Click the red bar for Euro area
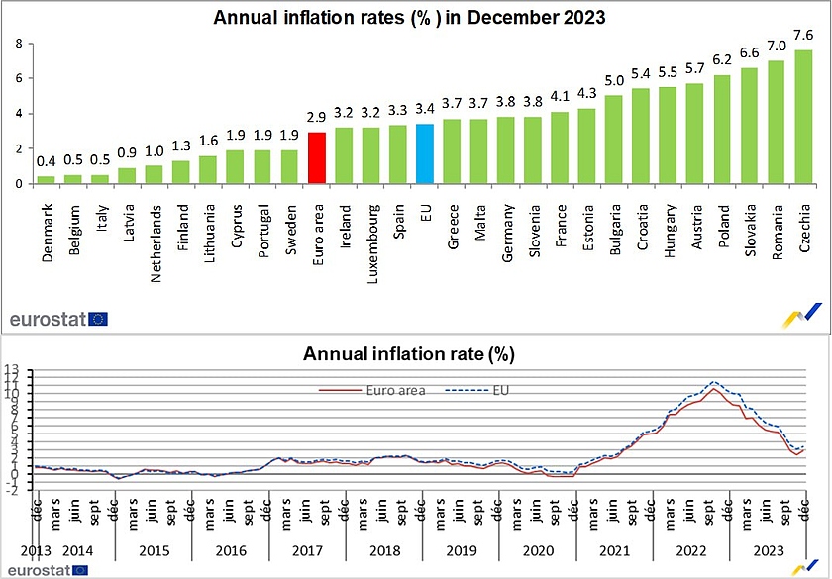(317, 158)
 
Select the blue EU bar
(424, 153)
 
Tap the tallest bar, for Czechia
(803, 117)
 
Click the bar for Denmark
(46, 179)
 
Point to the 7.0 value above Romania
(777, 46)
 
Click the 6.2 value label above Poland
(723, 59)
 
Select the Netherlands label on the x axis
(154, 230)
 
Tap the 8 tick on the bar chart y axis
(17, 44)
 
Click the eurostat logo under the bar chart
(58, 319)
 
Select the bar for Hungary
(669, 136)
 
